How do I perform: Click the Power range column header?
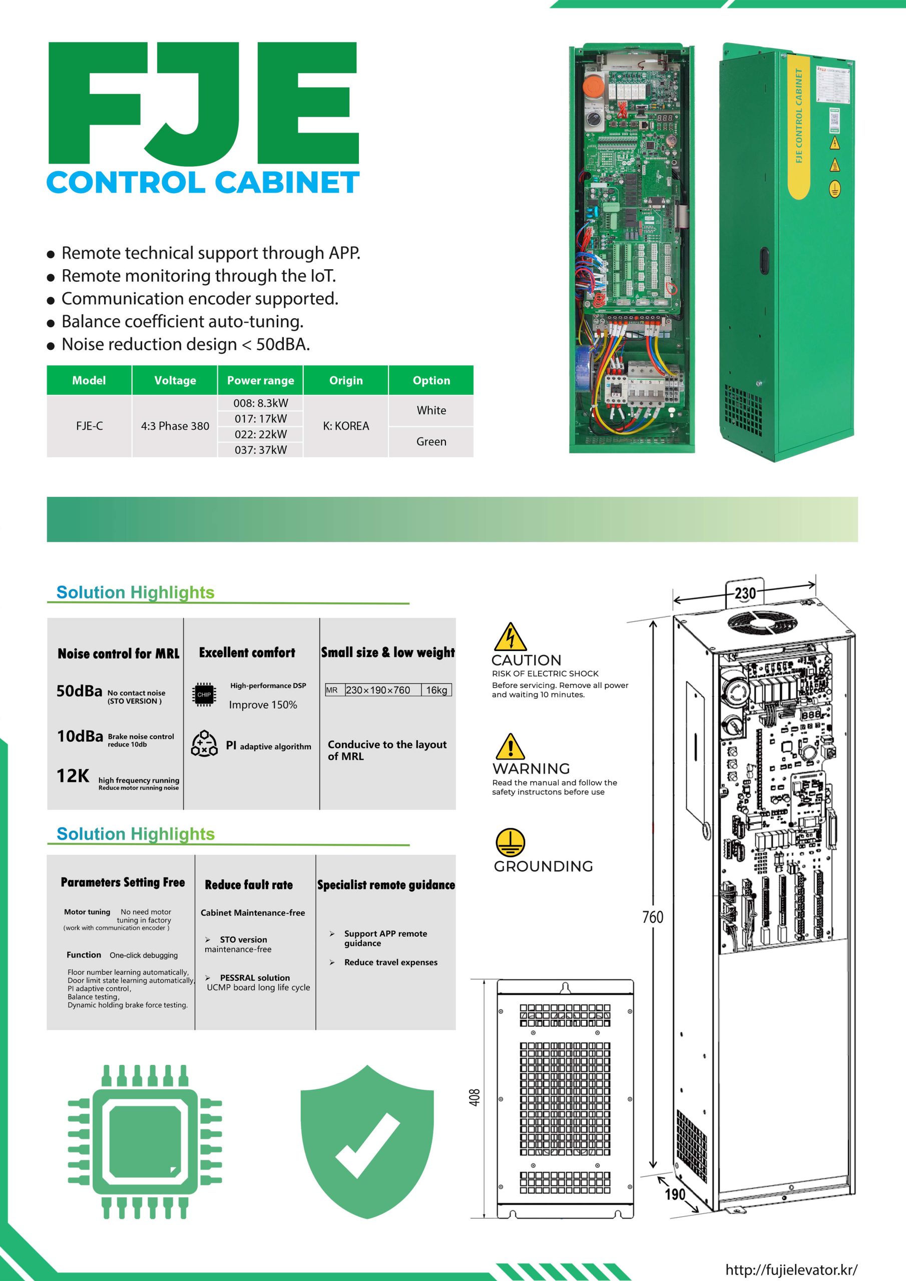point(260,380)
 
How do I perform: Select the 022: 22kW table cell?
point(261,434)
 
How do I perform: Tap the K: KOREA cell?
point(346,426)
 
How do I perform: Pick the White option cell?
point(431,411)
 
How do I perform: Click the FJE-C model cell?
point(89,426)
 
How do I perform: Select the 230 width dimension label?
point(745,593)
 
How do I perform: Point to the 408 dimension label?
point(475,1097)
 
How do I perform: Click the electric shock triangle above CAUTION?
point(510,636)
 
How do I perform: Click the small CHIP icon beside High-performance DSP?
point(204,695)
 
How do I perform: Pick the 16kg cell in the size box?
point(436,690)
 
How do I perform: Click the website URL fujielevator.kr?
point(791,1269)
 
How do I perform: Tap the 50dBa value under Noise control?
point(79,691)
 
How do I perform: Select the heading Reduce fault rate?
point(249,884)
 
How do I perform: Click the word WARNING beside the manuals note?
point(531,768)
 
